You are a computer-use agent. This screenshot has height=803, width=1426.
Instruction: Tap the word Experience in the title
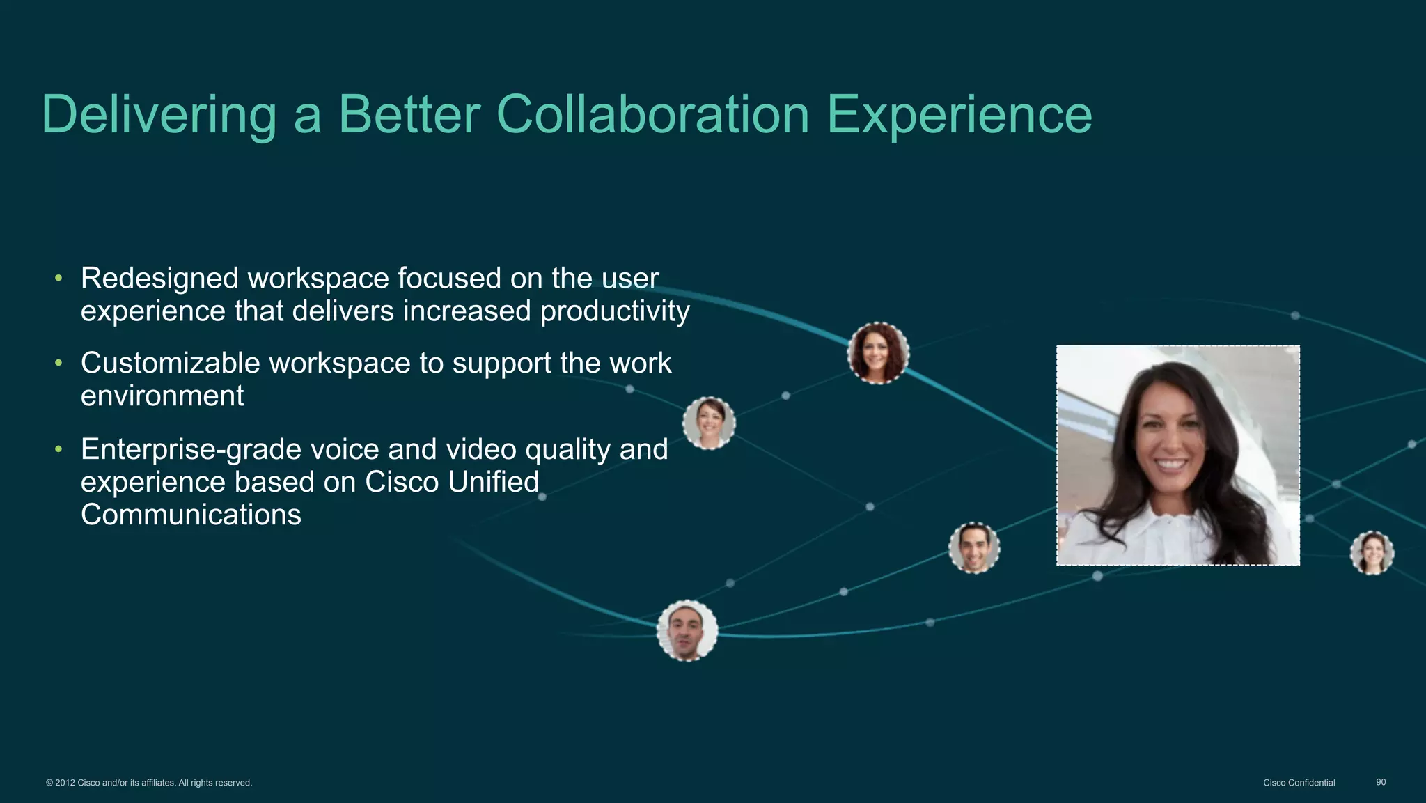point(959,115)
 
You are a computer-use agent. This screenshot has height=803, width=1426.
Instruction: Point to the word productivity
point(615,311)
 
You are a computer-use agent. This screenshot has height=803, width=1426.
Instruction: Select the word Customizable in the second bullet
point(170,364)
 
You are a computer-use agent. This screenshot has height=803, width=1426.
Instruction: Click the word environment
point(162,396)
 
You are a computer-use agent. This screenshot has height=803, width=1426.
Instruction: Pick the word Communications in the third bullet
point(191,515)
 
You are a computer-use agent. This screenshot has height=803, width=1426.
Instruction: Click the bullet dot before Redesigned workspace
point(59,279)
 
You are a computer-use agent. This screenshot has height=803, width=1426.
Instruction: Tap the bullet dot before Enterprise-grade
point(59,450)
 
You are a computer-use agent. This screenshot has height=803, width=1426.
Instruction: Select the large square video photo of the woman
point(1177,455)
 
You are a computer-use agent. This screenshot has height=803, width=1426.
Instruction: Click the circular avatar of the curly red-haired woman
point(878,353)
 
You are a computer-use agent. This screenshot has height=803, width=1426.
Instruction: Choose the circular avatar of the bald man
point(687,631)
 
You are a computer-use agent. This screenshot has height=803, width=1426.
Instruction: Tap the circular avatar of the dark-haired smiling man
point(974,548)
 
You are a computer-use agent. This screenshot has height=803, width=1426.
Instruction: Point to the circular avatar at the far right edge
point(1372,553)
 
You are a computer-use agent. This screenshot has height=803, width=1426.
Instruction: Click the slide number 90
point(1381,783)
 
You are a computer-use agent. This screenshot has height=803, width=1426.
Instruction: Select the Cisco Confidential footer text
point(1299,783)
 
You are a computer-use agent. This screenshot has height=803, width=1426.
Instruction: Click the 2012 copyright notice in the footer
point(149,783)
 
